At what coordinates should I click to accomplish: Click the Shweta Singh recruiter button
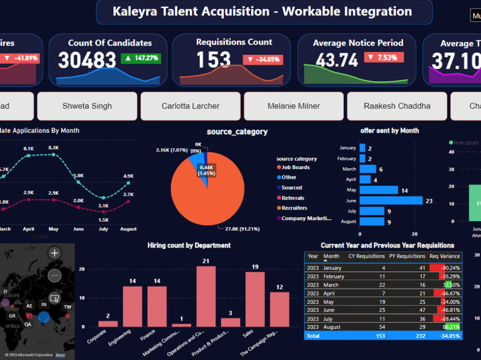pos(87,106)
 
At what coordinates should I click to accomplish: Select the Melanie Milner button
pos(293,106)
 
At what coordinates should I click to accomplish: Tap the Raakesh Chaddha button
pos(397,106)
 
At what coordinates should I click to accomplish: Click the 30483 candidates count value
pos(87,61)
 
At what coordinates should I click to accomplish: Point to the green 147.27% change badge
pos(140,59)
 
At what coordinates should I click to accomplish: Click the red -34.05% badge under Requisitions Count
pos(263,60)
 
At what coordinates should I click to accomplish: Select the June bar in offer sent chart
pos(391,200)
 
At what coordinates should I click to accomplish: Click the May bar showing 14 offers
pos(379,190)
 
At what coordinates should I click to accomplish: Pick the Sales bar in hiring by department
pos(255,299)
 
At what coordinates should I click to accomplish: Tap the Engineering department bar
pos(132,307)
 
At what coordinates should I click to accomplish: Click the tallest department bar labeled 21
pos(206,297)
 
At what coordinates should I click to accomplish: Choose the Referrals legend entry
pos(292,198)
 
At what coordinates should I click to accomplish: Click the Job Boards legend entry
pos(295,167)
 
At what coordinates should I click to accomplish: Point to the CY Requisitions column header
pos(367,256)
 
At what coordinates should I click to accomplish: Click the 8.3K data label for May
pos(53,148)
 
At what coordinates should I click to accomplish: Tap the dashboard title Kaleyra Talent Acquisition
pos(262,12)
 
